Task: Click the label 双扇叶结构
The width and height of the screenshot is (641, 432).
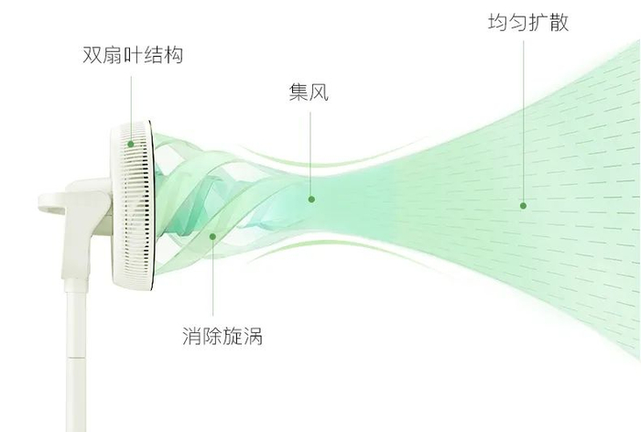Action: [132, 56]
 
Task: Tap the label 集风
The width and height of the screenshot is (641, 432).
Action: [308, 92]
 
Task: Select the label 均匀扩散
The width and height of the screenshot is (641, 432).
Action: [527, 23]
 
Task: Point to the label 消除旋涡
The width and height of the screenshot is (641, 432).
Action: [222, 337]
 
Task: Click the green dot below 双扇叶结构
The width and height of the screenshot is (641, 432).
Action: [130, 144]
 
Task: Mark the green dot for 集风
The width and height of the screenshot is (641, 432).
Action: [311, 199]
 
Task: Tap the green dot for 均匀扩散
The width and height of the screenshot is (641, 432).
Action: [524, 205]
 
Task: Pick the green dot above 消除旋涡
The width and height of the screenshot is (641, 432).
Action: [212, 237]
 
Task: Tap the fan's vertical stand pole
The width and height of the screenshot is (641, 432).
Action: [74, 366]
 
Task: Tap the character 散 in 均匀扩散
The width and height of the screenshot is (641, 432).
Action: [559, 23]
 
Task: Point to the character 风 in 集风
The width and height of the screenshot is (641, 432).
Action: [318, 92]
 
